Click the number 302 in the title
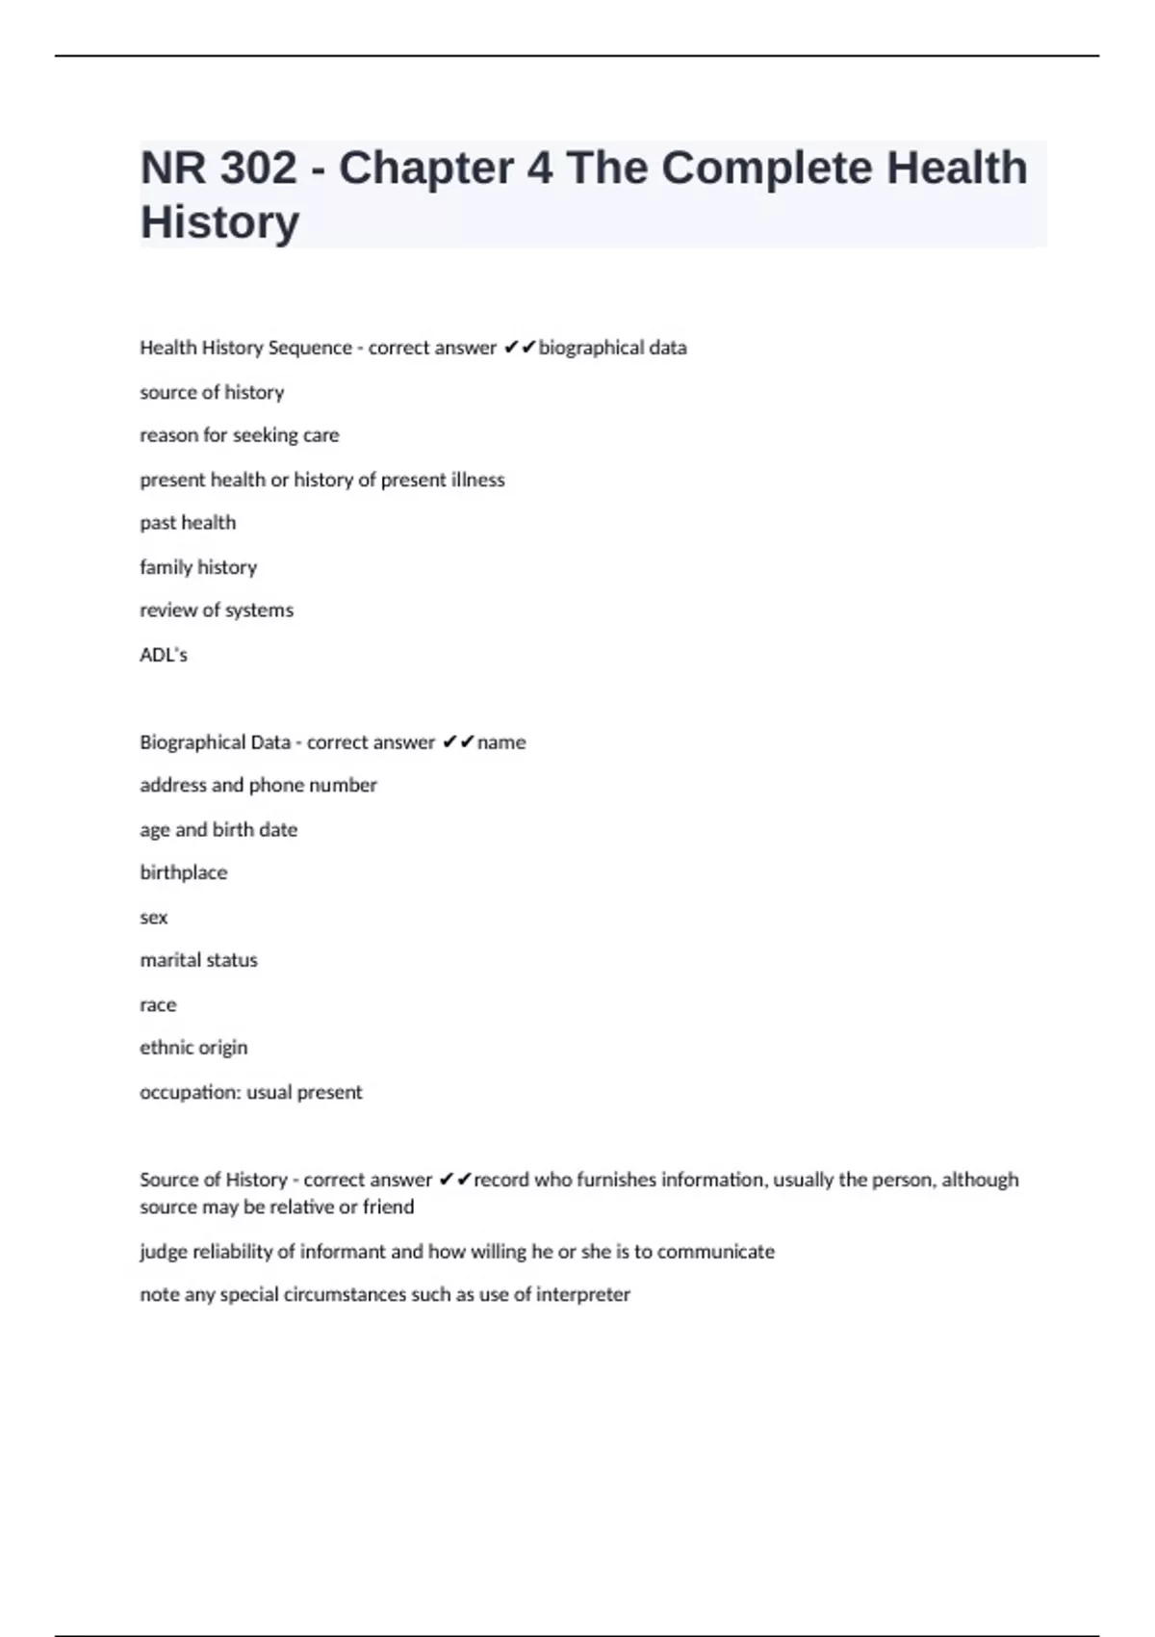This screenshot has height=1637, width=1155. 258,169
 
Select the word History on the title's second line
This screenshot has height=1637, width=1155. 220,222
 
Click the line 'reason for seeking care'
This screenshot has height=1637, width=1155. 240,435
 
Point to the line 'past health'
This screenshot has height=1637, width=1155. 188,523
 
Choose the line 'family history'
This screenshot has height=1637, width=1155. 198,567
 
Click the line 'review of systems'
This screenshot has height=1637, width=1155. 217,611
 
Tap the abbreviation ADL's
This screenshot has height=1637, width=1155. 164,655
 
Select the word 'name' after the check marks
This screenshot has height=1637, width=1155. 501,742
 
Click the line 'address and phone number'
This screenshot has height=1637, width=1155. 258,786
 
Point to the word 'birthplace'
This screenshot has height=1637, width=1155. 184,873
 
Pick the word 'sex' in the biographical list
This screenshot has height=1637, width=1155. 154,918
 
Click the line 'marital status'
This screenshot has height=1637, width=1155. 199,960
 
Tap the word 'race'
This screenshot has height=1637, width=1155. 158,1005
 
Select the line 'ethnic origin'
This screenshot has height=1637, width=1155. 193,1048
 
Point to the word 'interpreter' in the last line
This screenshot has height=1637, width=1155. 583,1295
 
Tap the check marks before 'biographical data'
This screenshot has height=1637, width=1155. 520,348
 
